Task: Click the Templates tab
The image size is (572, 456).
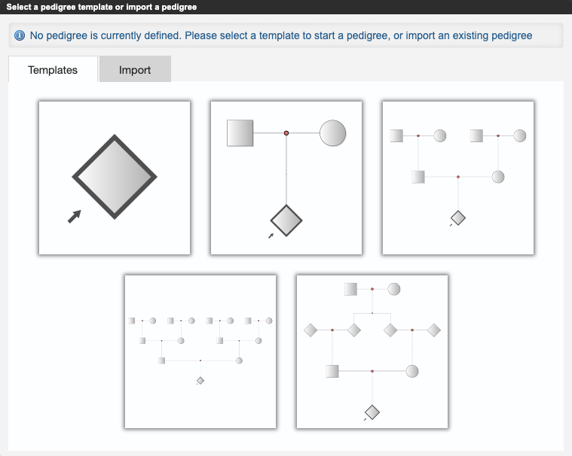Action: point(53,69)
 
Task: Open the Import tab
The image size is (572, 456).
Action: point(135,69)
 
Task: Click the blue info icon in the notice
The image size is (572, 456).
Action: point(20,35)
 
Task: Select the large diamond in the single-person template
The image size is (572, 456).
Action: point(115,177)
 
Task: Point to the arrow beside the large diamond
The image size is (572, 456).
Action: point(75,217)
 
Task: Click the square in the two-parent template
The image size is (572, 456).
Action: point(240,133)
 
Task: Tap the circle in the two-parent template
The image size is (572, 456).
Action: point(332,133)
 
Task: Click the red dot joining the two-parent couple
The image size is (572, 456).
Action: point(286,133)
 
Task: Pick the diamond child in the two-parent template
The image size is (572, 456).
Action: point(286,220)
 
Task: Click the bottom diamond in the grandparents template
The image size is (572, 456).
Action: point(458,218)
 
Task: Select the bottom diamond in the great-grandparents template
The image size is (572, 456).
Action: point(200,381)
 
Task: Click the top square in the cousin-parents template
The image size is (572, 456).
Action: point(350,289)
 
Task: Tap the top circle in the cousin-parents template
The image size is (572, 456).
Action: point(394,289)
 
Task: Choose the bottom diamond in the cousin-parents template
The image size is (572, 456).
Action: point(372,412)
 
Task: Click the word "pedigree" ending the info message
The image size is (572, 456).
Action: point(512,35)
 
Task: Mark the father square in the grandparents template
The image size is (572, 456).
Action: point(418,177)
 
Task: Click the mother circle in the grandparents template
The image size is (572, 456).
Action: point(498,177)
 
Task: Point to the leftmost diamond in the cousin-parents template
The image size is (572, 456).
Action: point(310,330)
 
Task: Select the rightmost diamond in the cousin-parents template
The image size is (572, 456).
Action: point(434,330)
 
